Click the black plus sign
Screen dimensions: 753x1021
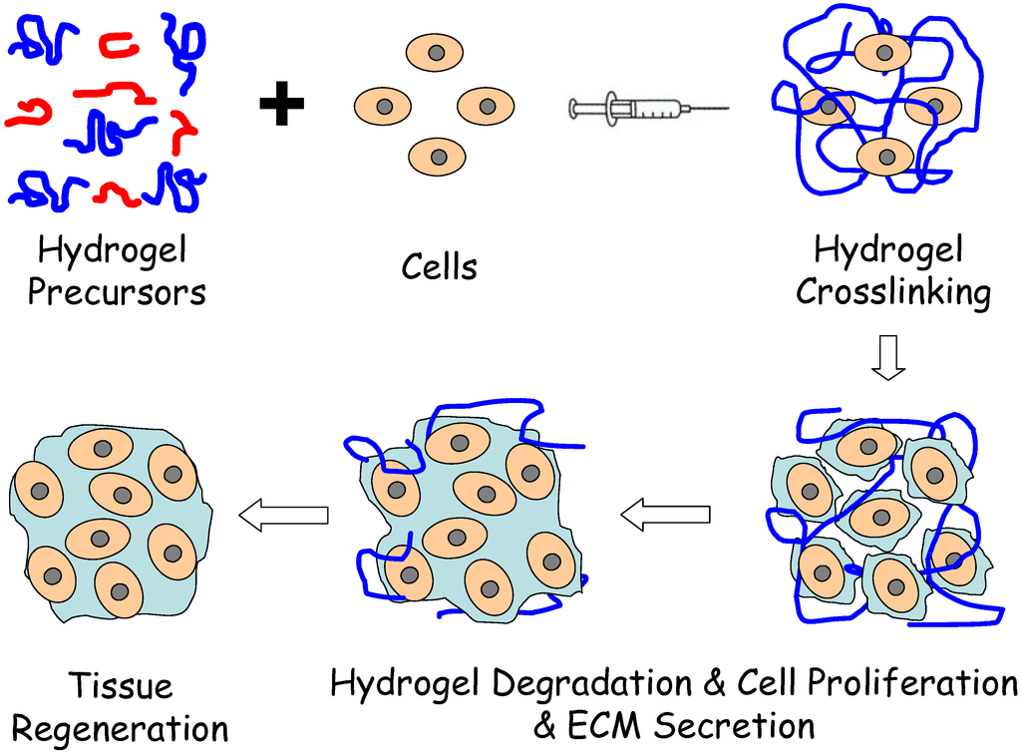(x=281, y=105)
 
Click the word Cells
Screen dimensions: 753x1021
(x=439, y=267)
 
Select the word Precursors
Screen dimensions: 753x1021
(x=117, y=292)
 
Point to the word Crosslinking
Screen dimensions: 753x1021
(x=893, y=292)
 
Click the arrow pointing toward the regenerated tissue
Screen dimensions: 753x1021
(x=285, y=515)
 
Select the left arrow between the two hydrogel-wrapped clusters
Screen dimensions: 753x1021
(x=665, y=515)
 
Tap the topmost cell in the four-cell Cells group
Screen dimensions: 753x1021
(x=436, y=52)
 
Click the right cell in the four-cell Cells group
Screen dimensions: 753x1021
(x=487, y=106)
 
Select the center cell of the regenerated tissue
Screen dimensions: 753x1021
(x=122, y=495)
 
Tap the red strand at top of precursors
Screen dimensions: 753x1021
(x=119, y=43)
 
